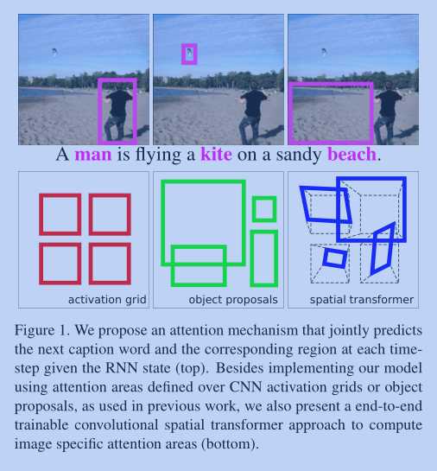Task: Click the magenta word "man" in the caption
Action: [93, 155]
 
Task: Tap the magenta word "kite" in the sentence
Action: [216, 154]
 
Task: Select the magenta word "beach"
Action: [351, 154]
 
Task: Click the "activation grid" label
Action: [107, 300]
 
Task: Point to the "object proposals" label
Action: [233, 300]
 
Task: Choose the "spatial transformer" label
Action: [361, 300]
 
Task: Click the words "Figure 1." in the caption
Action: [41, 331]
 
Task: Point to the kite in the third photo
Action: [324, 52]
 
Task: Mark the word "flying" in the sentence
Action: [157, 155]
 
